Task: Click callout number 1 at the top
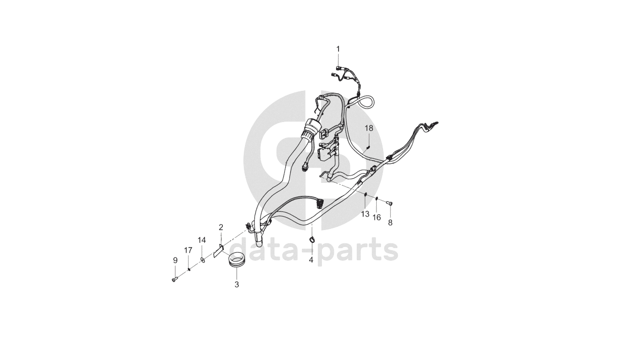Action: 338,49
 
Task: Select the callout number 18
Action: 369,128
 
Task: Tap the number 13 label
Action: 365,213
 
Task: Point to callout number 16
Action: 377,218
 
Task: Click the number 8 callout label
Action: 390,222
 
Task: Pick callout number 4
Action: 311,260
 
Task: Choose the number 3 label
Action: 236,285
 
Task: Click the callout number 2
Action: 221,227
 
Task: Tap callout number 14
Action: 202,240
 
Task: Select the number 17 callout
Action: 188,249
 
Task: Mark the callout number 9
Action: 175,260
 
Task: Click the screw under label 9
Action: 174,279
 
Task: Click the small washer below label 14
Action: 203,260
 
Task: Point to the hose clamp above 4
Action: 312,240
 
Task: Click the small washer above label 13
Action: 365,194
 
